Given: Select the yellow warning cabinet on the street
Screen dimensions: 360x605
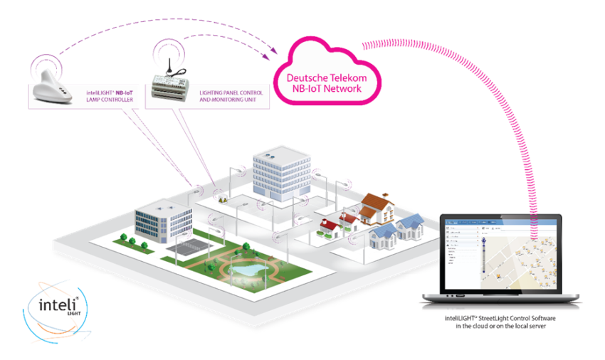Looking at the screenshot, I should click(x=223, y=201).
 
